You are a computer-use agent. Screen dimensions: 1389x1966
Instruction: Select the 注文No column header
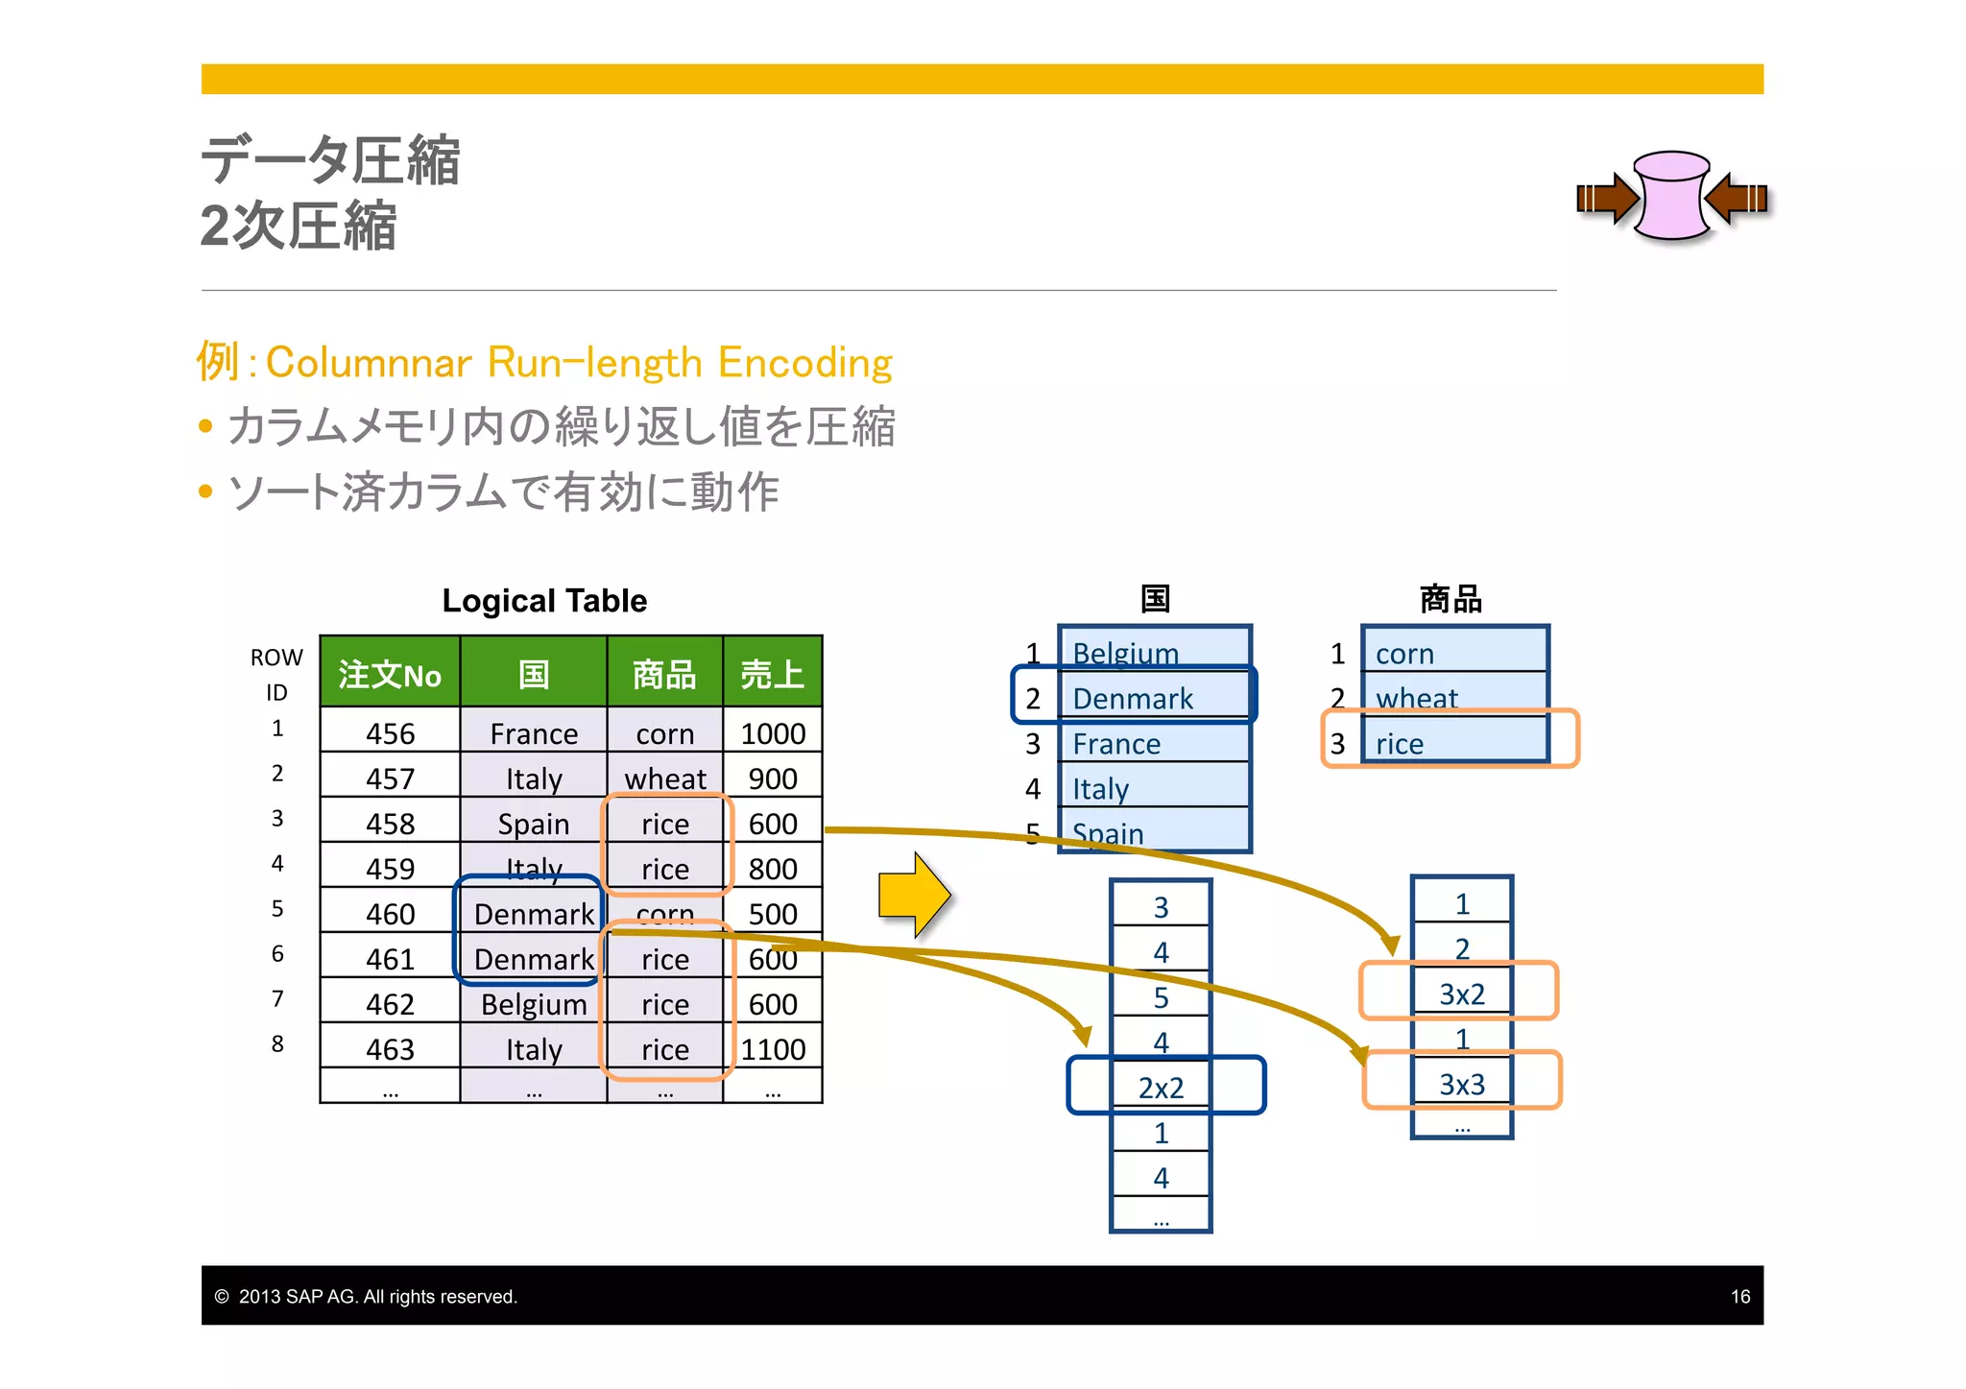[x=390, y=674]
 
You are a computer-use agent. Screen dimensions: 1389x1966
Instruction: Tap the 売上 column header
[x=772, y=674]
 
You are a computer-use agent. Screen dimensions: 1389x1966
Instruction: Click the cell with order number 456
[x=390, y=734]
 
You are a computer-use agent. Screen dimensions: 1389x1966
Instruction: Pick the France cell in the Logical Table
[x=534, y=734]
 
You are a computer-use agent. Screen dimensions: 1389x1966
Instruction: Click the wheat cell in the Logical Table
[x=665, y=778]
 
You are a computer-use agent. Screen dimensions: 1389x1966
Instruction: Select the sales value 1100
[x=773, y=1049]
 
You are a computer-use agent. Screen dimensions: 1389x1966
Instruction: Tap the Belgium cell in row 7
[x=534, y=1004]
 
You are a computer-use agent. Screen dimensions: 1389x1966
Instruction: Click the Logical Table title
[x=544, y=601]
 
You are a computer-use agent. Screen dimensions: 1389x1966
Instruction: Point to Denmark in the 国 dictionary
[x=1133, y=699]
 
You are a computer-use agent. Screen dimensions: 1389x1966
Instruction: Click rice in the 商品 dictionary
[x=1400, y=744]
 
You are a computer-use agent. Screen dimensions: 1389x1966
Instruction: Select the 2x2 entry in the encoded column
[x=1161, y=1088]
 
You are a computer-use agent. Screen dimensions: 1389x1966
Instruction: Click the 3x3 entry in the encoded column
[x=1462, y=1084]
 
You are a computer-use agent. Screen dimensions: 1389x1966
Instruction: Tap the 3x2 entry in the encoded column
[x=1462, y=994]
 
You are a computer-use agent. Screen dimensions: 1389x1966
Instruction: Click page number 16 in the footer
[x=1739, y=1297]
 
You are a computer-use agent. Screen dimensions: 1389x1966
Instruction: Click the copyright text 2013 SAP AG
[x=376, y=1297]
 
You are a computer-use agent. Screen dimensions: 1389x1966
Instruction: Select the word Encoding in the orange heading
[x=804, y=363]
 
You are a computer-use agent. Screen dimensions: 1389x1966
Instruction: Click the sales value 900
[x=773, y=778]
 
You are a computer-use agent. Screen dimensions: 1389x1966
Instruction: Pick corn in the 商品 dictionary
[x=1404, y=654]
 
